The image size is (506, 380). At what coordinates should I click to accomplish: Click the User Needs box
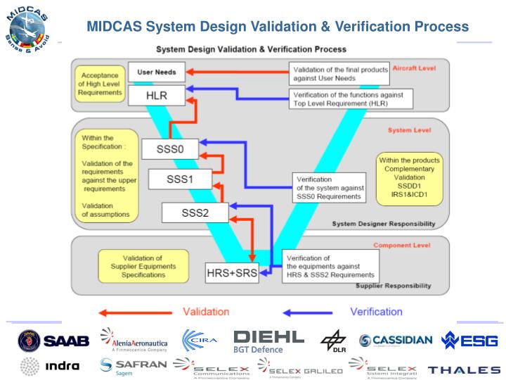pos(156,71)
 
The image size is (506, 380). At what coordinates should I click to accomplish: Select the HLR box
pos(156,95)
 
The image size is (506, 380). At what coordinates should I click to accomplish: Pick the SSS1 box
pos(179,179)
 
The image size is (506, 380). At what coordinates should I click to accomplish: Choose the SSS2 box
pos(194,212)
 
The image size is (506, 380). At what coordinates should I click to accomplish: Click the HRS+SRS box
pos(232,272)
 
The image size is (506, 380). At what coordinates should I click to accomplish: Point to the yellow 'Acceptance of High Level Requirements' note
pos(98,83)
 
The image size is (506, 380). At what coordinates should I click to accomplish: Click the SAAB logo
pos(54,341)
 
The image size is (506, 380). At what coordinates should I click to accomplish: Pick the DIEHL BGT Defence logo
pos(268,341)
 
